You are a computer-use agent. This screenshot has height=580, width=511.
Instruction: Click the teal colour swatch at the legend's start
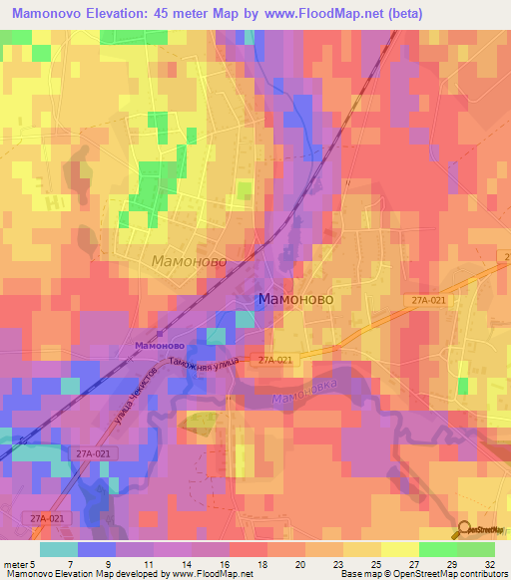click(59, 548)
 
